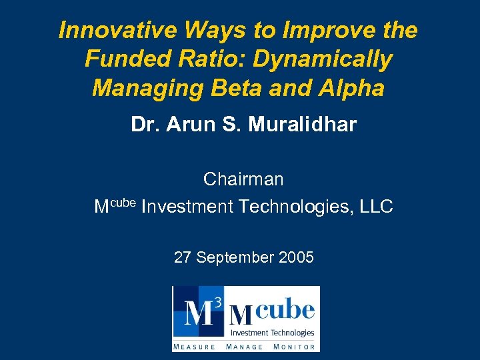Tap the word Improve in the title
(x=320, y=31)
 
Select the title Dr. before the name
(x=144, y=125)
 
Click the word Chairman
(x=243, y=179)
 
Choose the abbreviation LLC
(x=376, y=207)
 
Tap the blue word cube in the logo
(x=285, y=311)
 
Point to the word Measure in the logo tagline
(x=195, y=346)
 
